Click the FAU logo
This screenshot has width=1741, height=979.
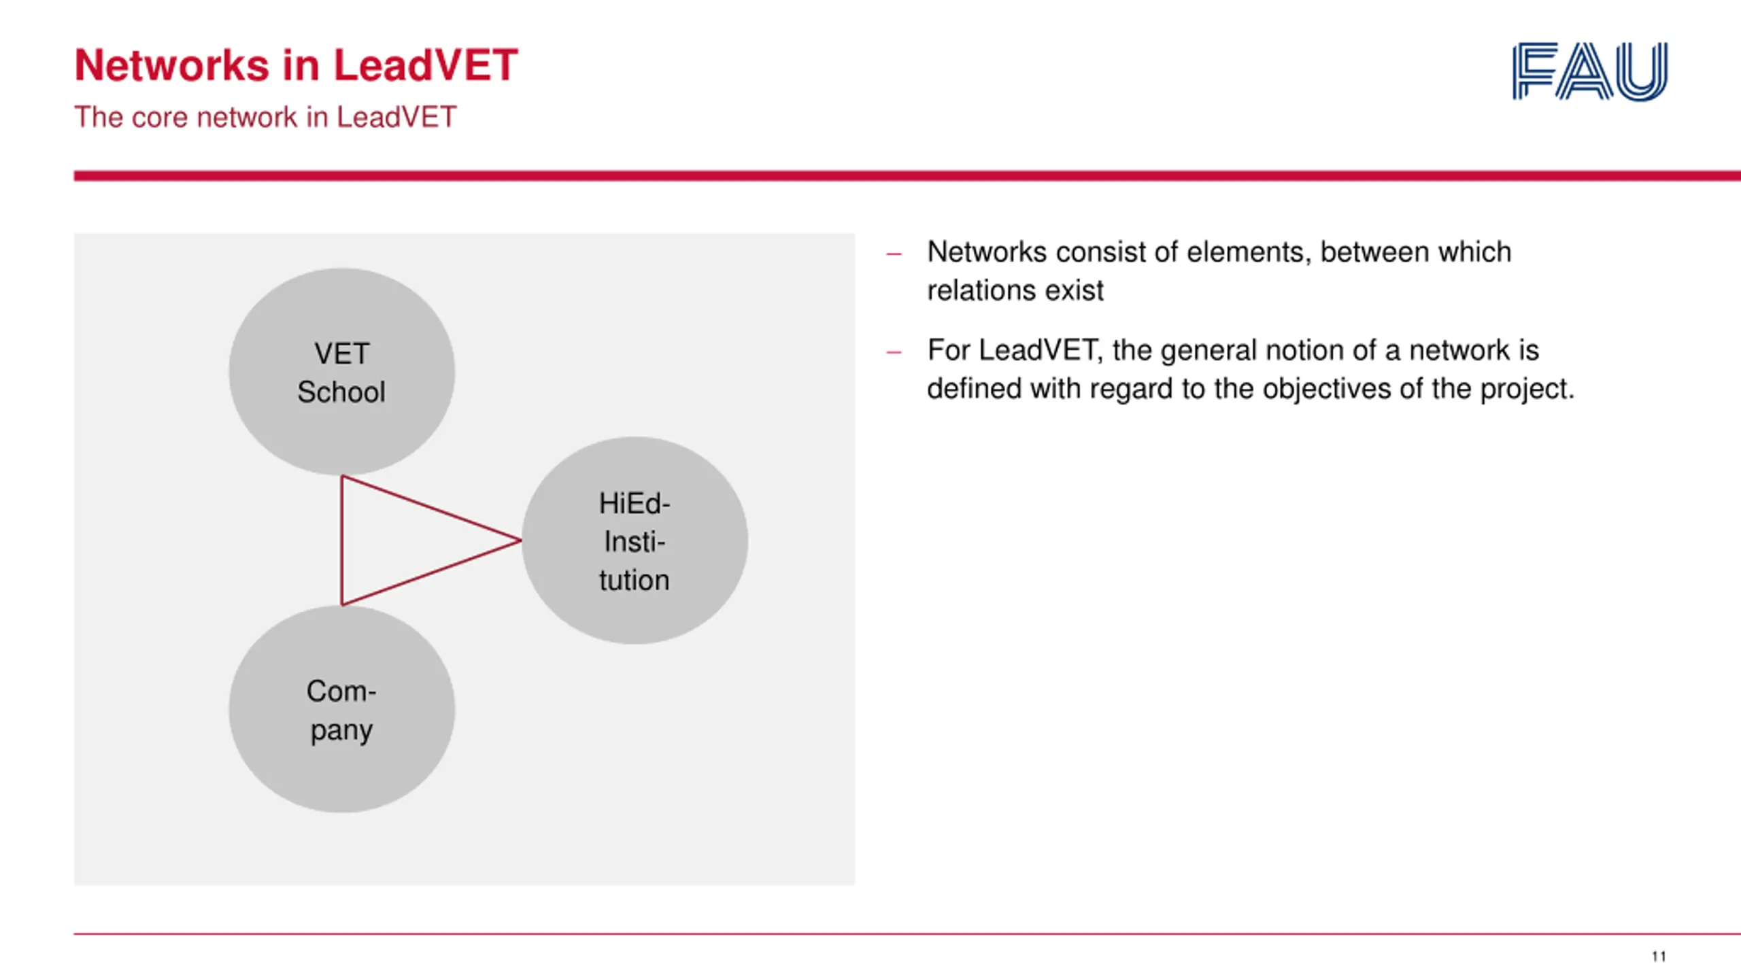[x=1589, y=71]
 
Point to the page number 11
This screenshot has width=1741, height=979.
[x=1659, y=957]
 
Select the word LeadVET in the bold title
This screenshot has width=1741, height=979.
[x=425, y=66]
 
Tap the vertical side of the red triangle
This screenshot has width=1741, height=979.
[x=341, y=540]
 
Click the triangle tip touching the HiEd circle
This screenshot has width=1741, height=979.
[x=520, y=540]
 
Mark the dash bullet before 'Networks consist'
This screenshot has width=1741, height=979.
[x=894, y=254]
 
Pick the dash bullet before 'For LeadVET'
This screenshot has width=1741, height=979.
[x=894, y=352]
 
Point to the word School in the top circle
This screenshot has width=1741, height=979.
[x=341, y=392]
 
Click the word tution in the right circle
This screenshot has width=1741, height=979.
[x=634, y=581]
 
